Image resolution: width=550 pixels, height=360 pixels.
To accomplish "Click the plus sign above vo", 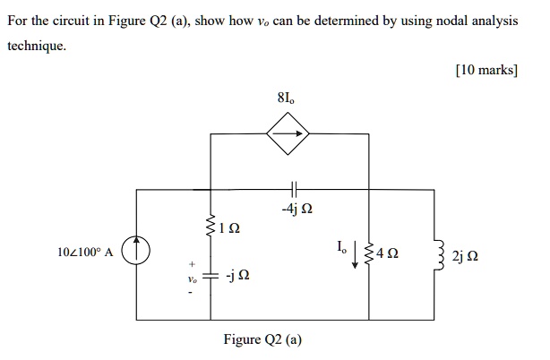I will [x=190, y=265].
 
